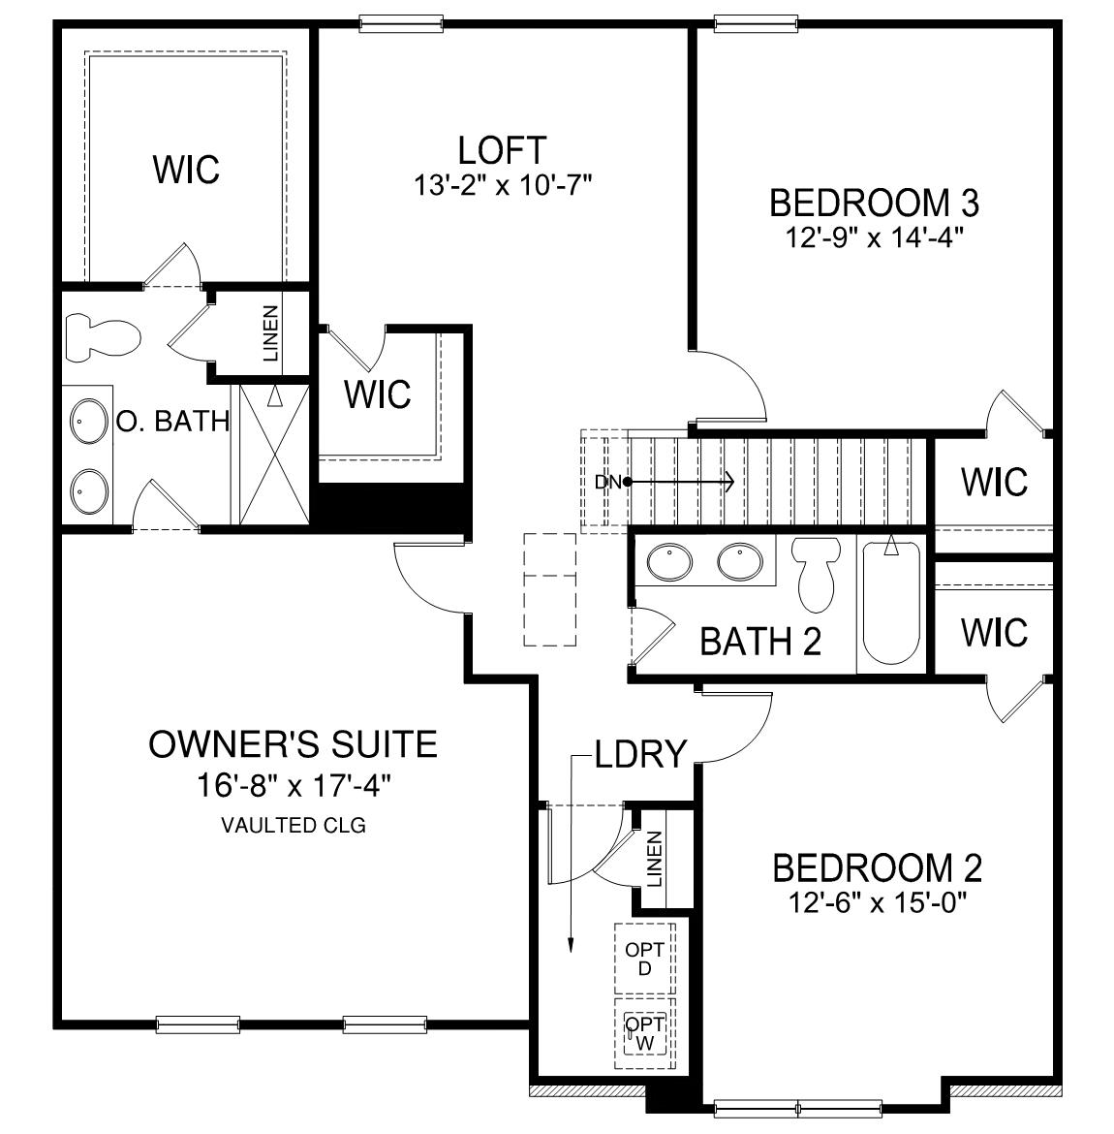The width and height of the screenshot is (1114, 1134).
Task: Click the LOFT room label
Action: click(x=502, y=151)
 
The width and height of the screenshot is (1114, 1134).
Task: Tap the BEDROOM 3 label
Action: click(x=874, y=204)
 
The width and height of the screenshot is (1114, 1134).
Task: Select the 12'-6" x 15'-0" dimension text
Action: click(x=878, y=903)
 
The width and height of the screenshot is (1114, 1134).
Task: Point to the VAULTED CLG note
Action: click(x=294, y=827)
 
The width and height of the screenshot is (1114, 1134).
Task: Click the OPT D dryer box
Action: click(x=644, y=959)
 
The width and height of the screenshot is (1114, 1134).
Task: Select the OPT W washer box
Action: click(x=644, y=1033)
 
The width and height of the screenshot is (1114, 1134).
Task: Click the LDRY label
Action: click(x=640, y=753)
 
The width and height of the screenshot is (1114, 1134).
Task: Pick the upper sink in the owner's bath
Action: click(x=89, y=422)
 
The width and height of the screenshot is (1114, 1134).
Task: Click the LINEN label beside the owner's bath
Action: click(x=270, y=333)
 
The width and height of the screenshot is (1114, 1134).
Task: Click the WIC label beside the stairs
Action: click(x=994, y=481)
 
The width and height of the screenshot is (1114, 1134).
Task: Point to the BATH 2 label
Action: click(x=760, y=641)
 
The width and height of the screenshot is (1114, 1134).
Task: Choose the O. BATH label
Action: click(x=172, y=422)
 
